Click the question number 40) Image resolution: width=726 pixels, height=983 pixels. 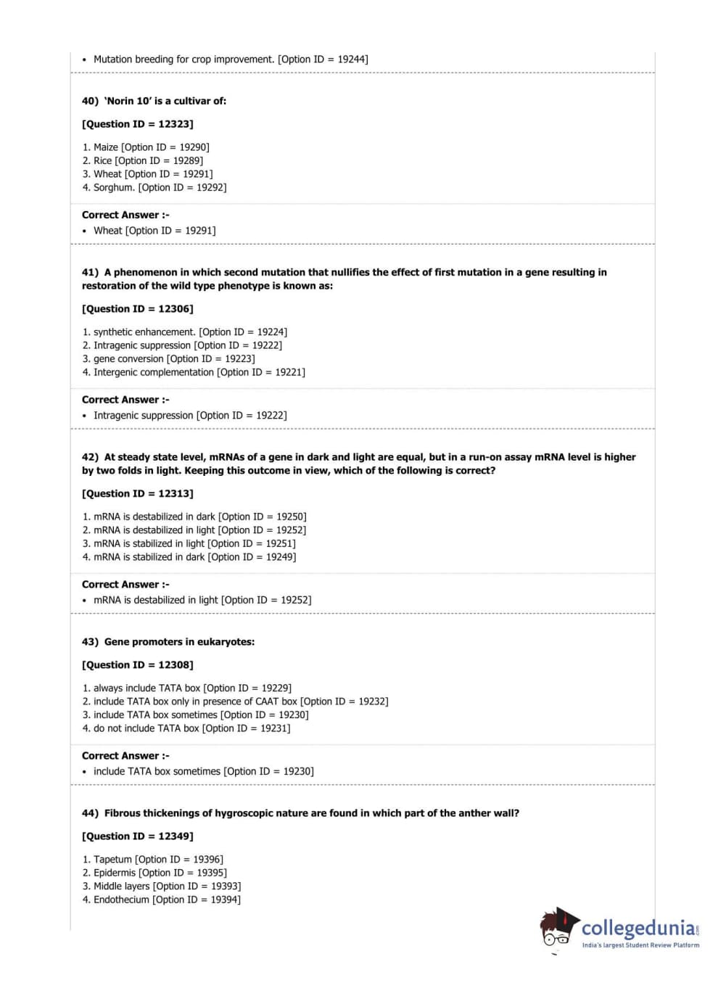[90, 101]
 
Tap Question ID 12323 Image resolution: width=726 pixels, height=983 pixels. [138, 124]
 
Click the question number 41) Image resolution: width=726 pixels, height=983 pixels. [90, 272]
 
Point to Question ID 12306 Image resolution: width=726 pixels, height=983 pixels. [138, 309]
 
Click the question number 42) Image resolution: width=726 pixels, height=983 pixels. [90, 457]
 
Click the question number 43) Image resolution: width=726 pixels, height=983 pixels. [90, 642]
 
